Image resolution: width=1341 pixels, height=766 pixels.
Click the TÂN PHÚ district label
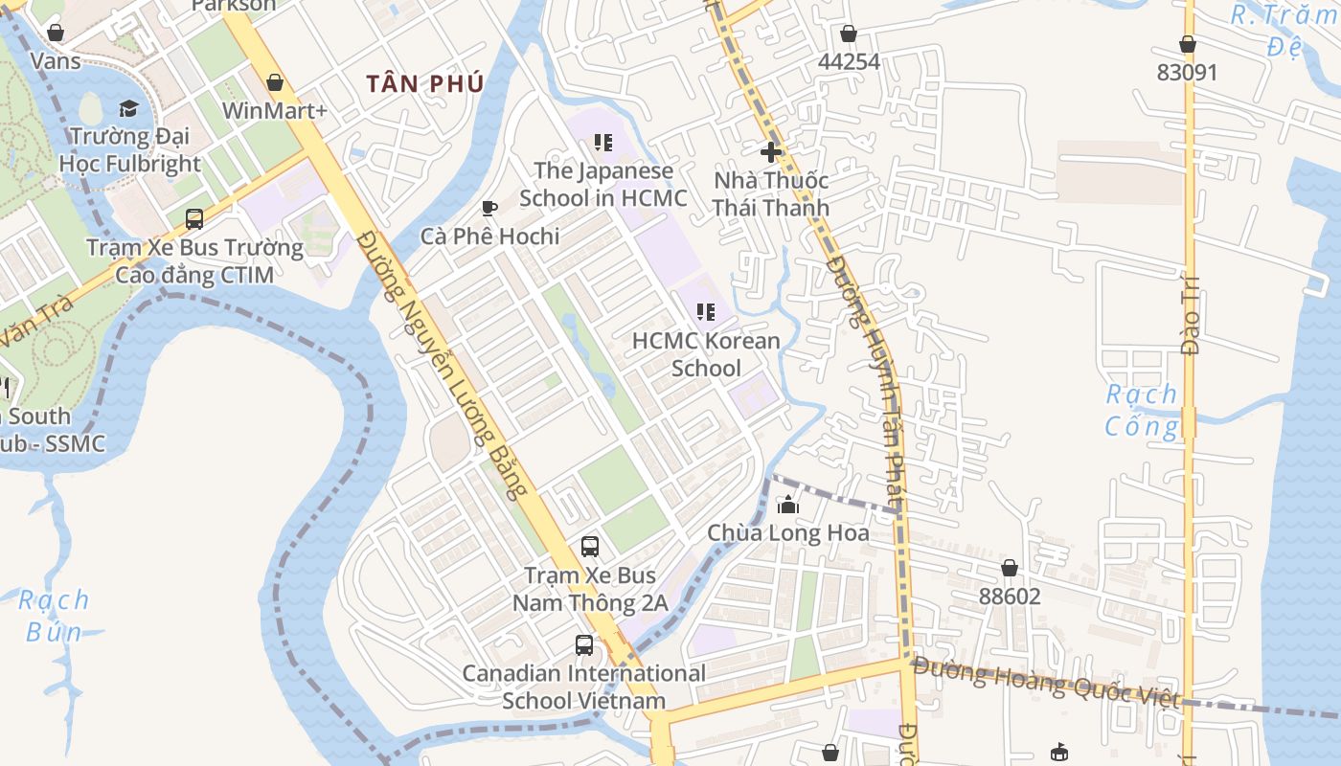[424, 84]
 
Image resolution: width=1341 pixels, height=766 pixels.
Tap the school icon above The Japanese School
[602, 143]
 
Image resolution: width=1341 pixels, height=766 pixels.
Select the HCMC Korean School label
[706, 354]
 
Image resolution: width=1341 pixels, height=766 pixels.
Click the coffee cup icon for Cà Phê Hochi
[489, 208]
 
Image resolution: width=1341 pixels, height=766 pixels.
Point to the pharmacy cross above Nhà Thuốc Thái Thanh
[770, 151]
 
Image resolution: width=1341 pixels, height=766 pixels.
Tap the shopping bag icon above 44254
[848, 34]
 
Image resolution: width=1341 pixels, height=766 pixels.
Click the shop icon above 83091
[1187, 44]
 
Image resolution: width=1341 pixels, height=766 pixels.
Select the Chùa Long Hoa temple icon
[788, 505]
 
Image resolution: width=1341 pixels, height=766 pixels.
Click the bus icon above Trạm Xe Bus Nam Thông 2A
[590, 547]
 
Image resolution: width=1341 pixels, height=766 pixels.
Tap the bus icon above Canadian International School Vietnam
[584, 644]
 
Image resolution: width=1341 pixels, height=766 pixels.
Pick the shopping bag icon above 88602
[1009, 568]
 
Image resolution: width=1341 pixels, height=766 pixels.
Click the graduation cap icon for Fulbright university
[129, 108]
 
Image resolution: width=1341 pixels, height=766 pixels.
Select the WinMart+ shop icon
[275, 82]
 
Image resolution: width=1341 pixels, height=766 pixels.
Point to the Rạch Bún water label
[54, 616]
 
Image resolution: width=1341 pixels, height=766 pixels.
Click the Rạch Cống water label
[1142, 410]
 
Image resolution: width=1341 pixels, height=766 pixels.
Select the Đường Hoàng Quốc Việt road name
[1046, 682]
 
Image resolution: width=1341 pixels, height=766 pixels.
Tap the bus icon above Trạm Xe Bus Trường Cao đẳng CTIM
[194, 219]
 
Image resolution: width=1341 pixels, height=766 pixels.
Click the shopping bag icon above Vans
[56, 33]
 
